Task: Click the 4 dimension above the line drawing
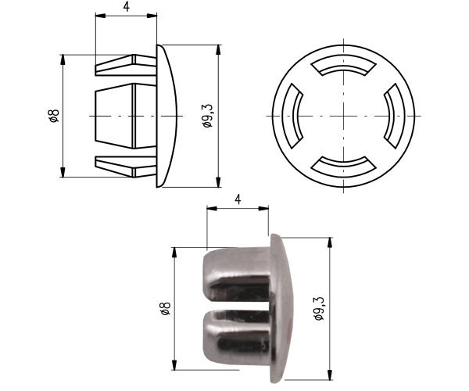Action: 127,7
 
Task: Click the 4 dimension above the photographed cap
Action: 238,199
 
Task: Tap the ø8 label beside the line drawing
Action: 54,116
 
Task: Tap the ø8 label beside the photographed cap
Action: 166,308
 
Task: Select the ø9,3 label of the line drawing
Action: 207,116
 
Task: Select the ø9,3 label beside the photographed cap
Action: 319,309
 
